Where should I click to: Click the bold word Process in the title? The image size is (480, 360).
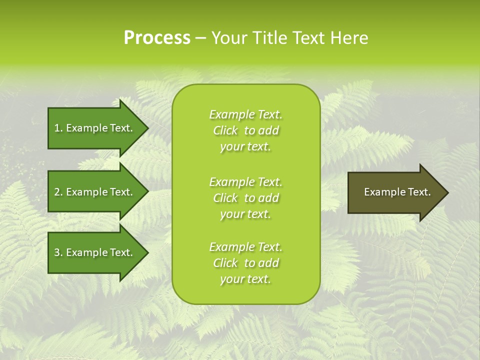click(x=157, y=38)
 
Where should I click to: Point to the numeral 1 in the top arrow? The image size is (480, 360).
click(x=57, y=128)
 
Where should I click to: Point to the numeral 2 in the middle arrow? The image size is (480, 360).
click(x=57, y=192)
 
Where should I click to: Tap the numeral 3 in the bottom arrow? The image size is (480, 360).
click(x=57, y=252)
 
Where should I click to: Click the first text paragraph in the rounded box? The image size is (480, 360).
click(x=245, y=130)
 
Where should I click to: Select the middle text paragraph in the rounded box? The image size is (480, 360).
click(x=245, y=198)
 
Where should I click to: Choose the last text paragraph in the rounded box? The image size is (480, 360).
click(x=245, y=263)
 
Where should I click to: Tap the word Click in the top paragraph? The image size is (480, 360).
click(x=225, y=131)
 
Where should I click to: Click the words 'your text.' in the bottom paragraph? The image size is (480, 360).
click(x=245, y=279)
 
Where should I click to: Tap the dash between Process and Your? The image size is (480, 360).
click(x=201, y=38)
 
